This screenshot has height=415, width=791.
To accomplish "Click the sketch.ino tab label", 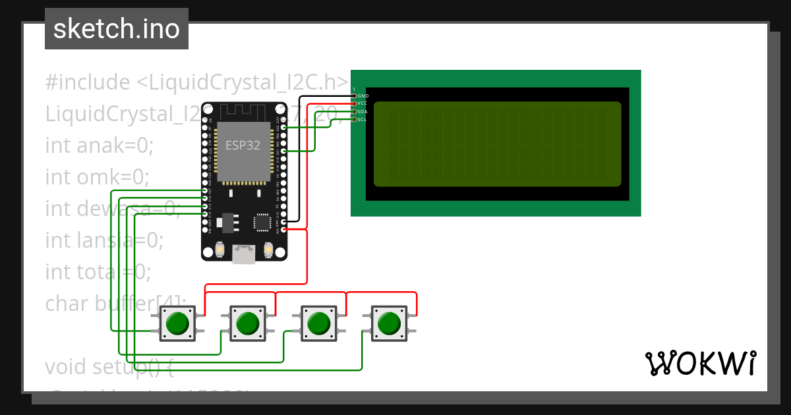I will (x=116, y=29).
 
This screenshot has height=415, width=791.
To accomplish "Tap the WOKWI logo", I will (x=700, y=364).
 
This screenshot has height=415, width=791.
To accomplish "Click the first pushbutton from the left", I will (x=177, y=323).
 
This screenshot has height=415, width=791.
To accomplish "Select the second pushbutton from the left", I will (x=248, y=323).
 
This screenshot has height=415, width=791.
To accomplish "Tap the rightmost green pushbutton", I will (x=389, y=323).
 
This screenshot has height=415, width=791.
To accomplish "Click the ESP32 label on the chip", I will (x=243, y=146).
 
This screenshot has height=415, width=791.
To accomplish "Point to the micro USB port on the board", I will (x=244, y=254).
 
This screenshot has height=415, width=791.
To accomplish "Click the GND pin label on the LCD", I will (x=363, y=96).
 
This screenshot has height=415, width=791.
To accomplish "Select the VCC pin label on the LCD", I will (x=363, y=104).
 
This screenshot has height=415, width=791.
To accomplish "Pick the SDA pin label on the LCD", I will (x=363, y=112).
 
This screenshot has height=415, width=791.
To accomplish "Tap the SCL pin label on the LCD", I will (x=363, y=120).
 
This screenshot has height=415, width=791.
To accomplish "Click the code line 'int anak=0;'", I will (x=99, y=146).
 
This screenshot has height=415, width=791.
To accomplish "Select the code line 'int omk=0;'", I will (x=97, y=177).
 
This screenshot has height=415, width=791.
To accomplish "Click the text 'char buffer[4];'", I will (x=116, y=303).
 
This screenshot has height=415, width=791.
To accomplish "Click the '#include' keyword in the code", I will (x=87, y=83).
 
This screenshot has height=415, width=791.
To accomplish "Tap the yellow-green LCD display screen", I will (x=498, y=144).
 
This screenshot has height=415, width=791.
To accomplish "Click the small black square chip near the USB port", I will (x=263, y=222).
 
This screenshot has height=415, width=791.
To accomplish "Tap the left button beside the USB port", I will (x=219, y=250).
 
